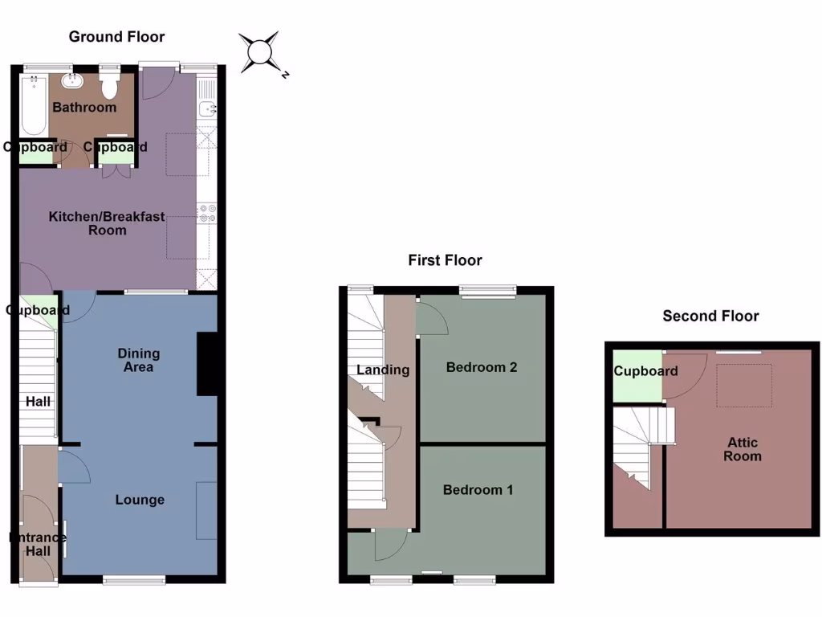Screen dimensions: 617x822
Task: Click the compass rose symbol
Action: (262, 52)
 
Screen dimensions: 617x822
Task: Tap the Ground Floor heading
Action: (116, 36)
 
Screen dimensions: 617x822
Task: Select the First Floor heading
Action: (445, 259)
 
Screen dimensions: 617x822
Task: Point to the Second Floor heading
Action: (710, 316)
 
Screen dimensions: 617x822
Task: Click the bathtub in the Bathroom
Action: (34, 104)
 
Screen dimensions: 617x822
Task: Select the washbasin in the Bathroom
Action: (73, 80)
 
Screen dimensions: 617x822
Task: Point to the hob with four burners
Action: (206, 212)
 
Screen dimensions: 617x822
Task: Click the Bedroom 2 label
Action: (482, 367)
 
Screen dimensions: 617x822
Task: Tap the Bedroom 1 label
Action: (478, 489)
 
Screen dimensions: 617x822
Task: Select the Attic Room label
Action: (743, 449)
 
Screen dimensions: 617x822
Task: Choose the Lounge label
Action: (140, 500)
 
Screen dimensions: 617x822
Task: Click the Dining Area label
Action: (139, 360)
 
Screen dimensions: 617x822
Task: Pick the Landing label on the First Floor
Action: (384, 370)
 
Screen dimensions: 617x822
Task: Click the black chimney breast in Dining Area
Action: (208, 364)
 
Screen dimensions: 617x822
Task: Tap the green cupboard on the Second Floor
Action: (637, 376)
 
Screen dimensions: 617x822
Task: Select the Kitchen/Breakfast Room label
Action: (107, 223)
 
